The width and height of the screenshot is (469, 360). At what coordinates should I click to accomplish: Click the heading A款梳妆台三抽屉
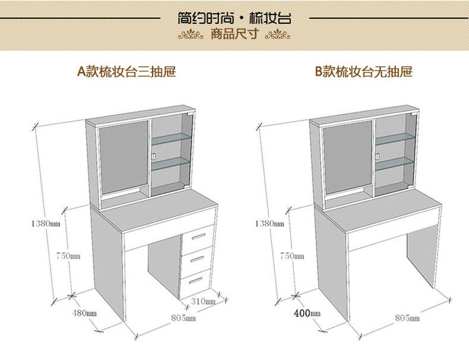[126, 72]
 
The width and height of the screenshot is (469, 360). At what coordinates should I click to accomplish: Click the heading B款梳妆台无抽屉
[363, 72]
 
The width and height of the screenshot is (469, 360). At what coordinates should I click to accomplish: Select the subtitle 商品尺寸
[235, 34]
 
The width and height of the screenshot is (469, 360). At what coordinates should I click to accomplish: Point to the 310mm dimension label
[203, 301]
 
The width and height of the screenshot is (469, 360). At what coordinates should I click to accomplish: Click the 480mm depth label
[84, 312]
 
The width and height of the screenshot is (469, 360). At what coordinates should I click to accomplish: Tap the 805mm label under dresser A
[183, 318]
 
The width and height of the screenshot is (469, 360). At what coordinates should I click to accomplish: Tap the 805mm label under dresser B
[407, 318]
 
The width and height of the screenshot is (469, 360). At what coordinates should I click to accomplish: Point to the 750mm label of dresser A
[68, 255]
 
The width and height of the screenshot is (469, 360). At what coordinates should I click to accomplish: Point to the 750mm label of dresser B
[291, 256]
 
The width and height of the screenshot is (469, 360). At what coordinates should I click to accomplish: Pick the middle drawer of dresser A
[197, 260]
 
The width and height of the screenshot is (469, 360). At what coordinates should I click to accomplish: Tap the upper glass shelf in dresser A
[171, 141]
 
